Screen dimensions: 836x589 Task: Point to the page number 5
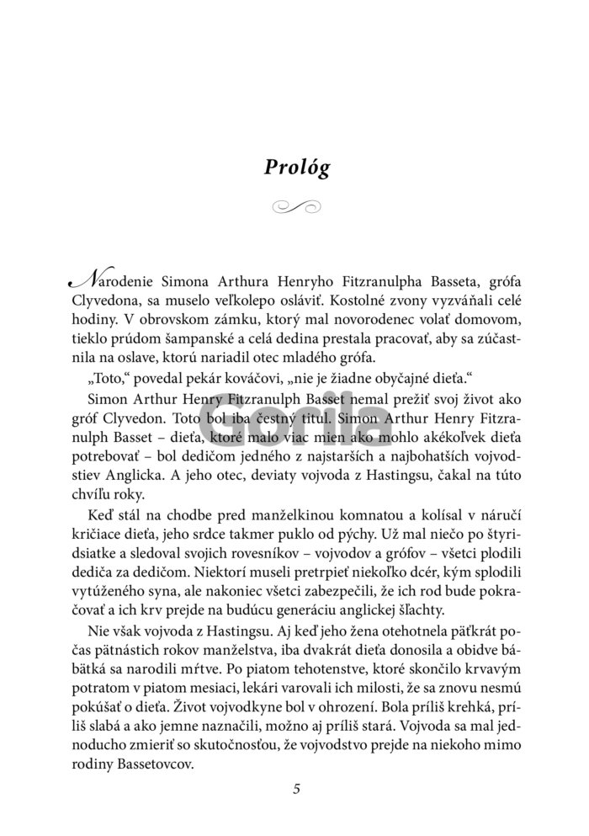point(295,789)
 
